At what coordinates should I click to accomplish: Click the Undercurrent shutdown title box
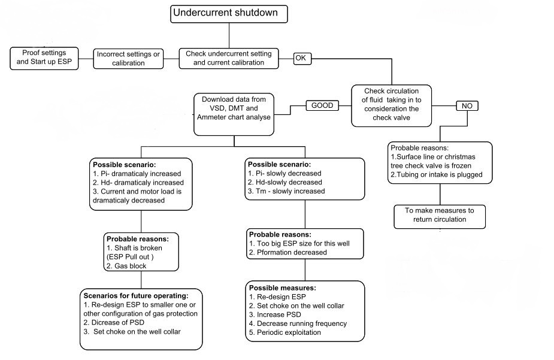(x=229, y=14)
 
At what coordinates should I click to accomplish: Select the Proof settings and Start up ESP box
(x=45, y=58)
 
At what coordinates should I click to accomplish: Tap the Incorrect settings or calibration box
(x=129, y=59)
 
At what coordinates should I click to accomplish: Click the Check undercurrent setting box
(x=229, y=58)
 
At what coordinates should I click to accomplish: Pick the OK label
(x=302, y=58)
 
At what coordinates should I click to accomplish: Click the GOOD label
(x=322, y=105)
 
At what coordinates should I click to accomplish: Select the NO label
(x=468, y=105)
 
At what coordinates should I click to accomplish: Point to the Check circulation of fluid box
(x=391, y=105)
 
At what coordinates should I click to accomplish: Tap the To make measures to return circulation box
(x=439, y=216)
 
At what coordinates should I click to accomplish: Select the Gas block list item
(x=129, y=265)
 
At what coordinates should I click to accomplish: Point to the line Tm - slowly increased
(x=286, y=191)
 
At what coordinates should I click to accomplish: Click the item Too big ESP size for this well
(x=298, y=243)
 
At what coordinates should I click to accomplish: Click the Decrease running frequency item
(x=298, y=323)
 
